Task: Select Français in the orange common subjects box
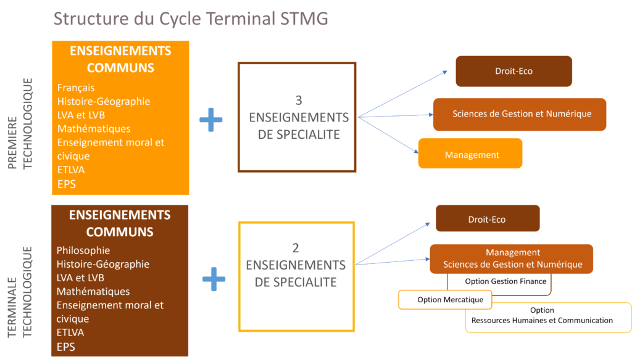76,88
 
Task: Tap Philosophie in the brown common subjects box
83,250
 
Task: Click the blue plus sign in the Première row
211,120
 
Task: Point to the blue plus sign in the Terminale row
214,279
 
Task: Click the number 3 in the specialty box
299,101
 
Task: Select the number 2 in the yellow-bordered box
296,248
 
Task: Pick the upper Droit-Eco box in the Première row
514,72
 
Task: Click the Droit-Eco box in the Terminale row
488,218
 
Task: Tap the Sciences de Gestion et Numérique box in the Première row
520,114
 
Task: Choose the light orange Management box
470,154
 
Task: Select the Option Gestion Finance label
506,281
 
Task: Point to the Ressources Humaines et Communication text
542,321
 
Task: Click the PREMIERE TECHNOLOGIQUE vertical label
20,123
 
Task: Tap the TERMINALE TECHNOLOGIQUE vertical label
20,292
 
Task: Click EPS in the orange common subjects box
67,184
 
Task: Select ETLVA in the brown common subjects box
70,332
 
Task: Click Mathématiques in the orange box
94,129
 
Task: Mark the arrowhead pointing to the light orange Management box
417,152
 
